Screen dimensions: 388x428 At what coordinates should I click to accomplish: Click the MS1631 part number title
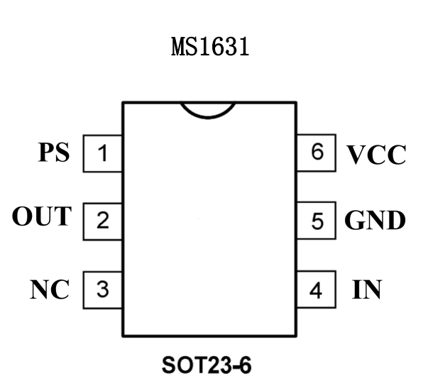click(212, 49)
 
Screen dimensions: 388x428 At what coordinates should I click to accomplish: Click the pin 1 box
click(104, 153)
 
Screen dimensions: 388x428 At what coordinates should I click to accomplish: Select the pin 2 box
click(104, 221)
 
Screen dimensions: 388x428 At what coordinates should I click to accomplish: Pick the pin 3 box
click(104, 289)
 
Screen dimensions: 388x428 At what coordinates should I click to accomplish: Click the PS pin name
click(54, 153)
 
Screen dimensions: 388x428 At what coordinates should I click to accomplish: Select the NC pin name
click(50, 289)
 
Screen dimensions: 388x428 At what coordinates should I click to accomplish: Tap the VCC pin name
click(376, 155)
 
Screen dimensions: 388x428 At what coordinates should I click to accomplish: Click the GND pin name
click(375, 221)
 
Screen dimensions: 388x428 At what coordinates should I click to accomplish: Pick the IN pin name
click(367, 289)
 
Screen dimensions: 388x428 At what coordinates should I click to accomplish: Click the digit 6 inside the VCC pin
click(317, 153)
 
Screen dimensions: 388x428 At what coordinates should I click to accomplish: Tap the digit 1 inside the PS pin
click(104, 153)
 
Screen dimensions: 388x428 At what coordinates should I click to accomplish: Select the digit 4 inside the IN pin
click(317, 289)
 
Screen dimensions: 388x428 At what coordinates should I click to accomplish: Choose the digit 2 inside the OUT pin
click(104, 221)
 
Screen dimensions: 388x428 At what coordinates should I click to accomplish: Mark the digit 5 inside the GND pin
click(317, 221)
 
